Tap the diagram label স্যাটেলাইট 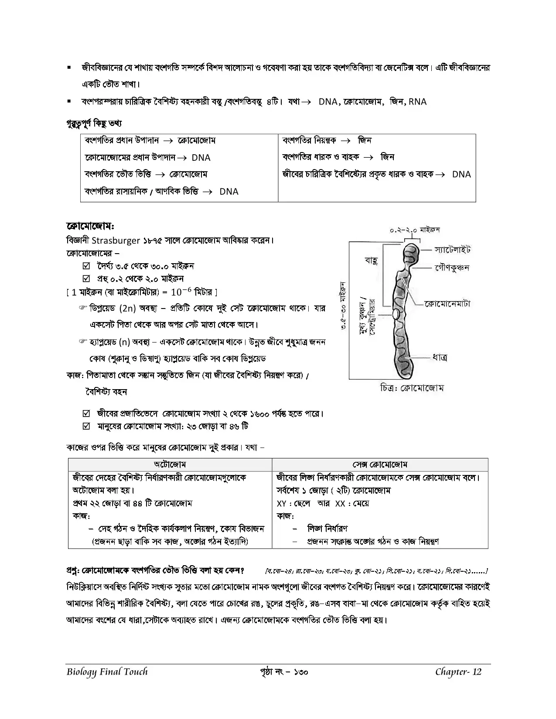click(452, 250)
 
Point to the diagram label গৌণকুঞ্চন click(452, 267)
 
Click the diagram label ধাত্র click(440, 358)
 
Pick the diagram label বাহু click(371, 261)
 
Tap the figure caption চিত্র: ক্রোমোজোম click(412, 387)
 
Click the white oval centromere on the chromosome click(396, 314)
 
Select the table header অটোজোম click(170, 465)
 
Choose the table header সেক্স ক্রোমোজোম click(379, 465)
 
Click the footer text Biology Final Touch click(107, 672)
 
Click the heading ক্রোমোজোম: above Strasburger click(90, 227)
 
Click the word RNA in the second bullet click(417, 102)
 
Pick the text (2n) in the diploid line click(127, 308)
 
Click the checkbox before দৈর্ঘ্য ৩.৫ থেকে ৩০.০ click(86, 266)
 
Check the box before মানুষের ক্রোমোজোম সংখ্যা click(86, 426)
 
